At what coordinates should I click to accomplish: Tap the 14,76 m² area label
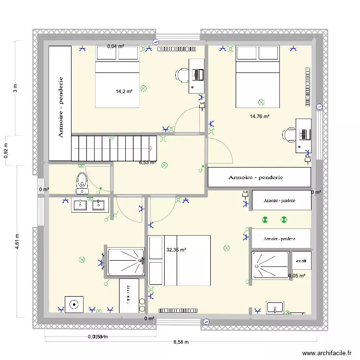click(x=259, y=116)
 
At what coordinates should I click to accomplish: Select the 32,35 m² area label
click(x=176, y=250)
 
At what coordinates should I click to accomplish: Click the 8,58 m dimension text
click(x=180, y=342)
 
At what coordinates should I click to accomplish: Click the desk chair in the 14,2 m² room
click(x=182, y=75)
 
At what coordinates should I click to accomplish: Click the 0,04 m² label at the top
click(x=116, y=47)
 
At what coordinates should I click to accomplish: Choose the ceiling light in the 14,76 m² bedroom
click(x=261, y=102)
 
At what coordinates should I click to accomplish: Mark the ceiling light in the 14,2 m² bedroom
click(x=143, y=88)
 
